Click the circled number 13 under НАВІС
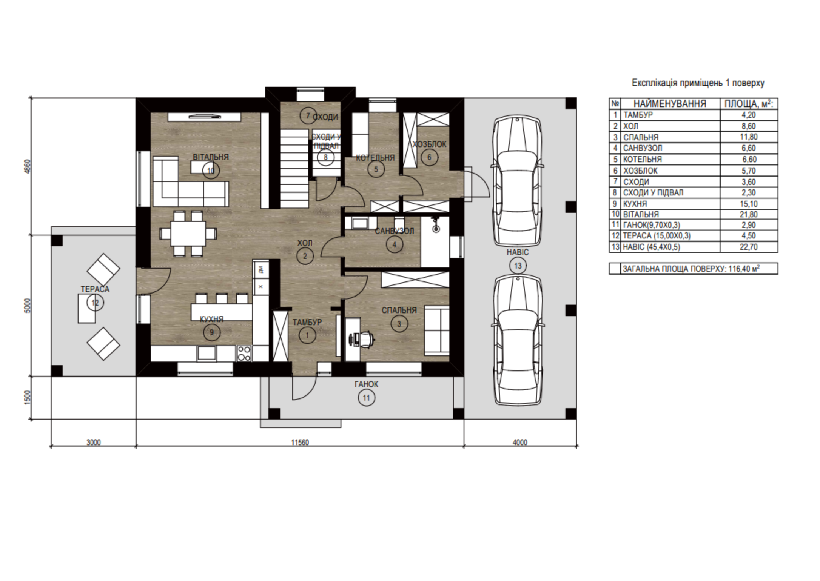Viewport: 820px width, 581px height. tap(518, 266)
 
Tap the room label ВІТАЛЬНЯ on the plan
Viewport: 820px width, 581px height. tap(211, 157)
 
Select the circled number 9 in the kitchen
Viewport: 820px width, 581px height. tap(211, 332)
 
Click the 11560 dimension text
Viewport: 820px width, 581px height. tap(300, 443)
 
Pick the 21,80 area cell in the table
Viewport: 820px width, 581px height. tap(749, 214)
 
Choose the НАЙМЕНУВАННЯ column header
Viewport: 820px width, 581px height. tap(670, 104)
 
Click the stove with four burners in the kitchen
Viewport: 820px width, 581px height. tap(244, 354)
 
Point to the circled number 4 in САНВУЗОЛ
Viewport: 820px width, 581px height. tap(394, 245)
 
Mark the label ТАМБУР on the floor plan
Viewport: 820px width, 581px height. tap(307, 322)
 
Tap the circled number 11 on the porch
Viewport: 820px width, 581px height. tap(366, 398)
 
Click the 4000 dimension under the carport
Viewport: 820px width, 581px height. tap(520, 443)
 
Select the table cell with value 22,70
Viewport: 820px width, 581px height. tap(749, 247)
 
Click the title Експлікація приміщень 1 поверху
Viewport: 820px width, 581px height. tap(698, 83)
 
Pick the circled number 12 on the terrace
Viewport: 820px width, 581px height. tap(95, 303)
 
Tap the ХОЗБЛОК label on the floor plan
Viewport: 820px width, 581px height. tap(429, 144)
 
